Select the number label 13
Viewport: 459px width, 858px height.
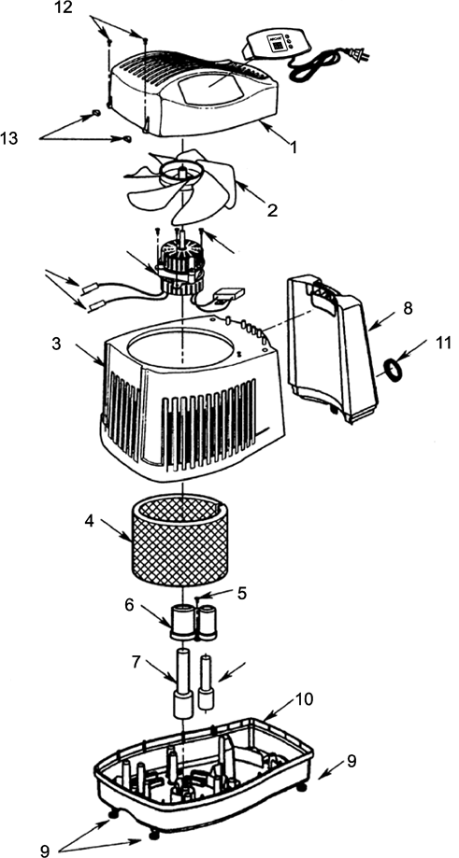point(8,139)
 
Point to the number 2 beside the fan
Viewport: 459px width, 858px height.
point(272,211)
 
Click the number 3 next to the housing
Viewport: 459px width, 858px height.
point(58,344)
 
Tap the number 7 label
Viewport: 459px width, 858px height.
point(136,662)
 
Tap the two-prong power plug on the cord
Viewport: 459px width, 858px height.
point(356,56)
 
